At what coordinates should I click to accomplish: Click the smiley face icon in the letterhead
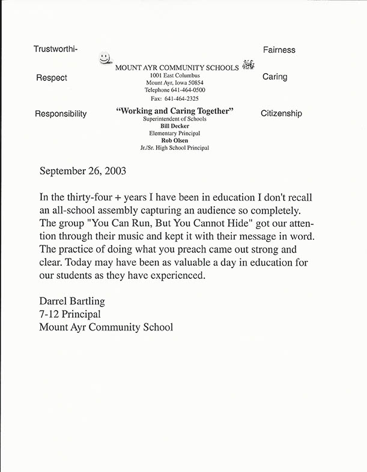click(105, 58)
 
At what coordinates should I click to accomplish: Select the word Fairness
click(279, 50)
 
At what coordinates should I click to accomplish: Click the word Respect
click(52, 78)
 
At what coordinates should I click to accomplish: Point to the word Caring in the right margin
click(275, 77)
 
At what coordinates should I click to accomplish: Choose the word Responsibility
click(61, 114)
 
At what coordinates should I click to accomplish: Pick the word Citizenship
click(281, 113)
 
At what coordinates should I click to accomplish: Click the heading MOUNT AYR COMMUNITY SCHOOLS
click(177, 68)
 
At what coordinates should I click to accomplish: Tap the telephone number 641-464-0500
click(192, 90)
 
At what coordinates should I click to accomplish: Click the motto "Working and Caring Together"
click(174, 111)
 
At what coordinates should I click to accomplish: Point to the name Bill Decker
click(175, 126)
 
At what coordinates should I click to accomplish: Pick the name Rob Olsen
click(175, 140)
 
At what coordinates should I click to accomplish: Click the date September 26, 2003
click(83, 170)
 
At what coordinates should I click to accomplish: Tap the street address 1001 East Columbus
click(175, 76)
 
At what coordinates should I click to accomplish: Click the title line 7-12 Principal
click(70, 314)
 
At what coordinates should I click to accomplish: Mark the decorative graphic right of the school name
click(249, 65)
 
